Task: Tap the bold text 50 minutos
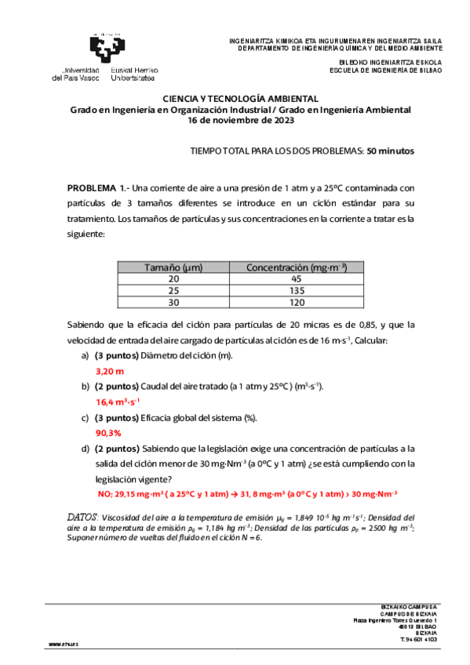point(391,151)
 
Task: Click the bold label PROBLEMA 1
point(97,189)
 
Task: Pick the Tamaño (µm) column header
point(173,267)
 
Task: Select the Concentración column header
point(297,267)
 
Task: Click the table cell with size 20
point(173,278)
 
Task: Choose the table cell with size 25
point(173,290)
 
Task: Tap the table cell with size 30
point(173,302)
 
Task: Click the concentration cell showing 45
point(297,278)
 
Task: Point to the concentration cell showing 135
point(297,290)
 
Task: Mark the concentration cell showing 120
point(297,302)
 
